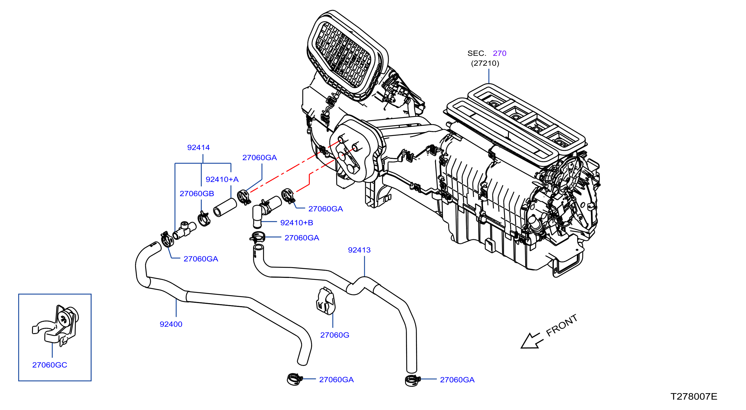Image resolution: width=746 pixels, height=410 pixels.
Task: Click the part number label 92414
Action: [x=198, y=147]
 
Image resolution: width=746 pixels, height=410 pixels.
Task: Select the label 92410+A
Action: [x=222, y=179]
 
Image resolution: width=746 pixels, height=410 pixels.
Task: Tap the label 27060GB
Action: [x=197, y=193]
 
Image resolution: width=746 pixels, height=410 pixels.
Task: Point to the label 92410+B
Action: [x=296, y=222]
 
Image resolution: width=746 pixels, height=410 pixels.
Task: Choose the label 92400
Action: [x=171, y=324]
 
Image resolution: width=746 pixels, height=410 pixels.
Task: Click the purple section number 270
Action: [x=500, y=53]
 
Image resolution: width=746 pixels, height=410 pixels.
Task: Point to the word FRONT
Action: [x=561, y=325]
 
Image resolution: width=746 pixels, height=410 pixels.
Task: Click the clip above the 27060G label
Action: [x=325, y=301]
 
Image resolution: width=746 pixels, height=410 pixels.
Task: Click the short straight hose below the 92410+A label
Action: [x=225, y=207]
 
